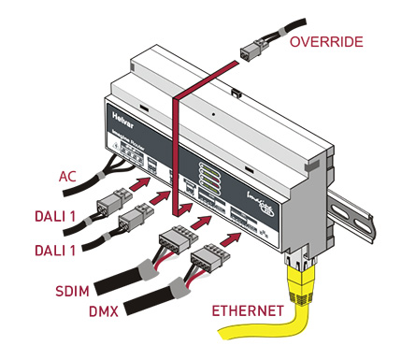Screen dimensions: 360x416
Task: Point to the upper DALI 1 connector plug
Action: [x=114, y=201]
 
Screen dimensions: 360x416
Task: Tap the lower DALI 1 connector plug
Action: [x=133, y=222]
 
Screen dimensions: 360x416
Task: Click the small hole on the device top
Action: [x=214, y=116]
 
